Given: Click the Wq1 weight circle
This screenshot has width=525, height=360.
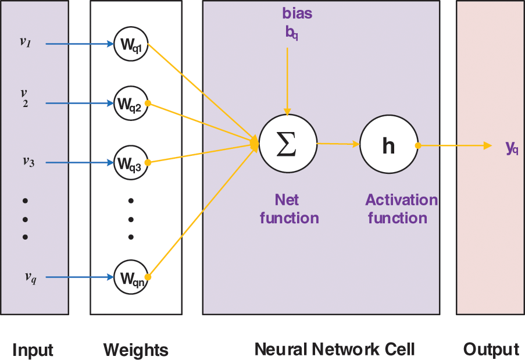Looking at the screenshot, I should pos(131,44).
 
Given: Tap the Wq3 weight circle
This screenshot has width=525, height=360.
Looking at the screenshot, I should pos(131,163).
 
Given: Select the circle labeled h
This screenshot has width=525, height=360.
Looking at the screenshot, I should pos(388,145).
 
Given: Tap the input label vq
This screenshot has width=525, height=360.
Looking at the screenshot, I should pos(30,277).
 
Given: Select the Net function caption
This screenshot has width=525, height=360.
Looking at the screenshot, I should pos(289,209).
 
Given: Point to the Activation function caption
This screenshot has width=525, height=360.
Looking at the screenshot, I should pos(401,209).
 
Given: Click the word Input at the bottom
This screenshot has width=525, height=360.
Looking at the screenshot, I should pos(33,350).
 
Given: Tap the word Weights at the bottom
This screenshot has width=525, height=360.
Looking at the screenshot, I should pos(136,350).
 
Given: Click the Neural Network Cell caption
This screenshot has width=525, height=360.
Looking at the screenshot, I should pos(335,349).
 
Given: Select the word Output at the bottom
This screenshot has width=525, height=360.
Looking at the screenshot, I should pos(491,350).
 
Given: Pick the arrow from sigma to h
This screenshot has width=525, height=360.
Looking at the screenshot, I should pos(338,144).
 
